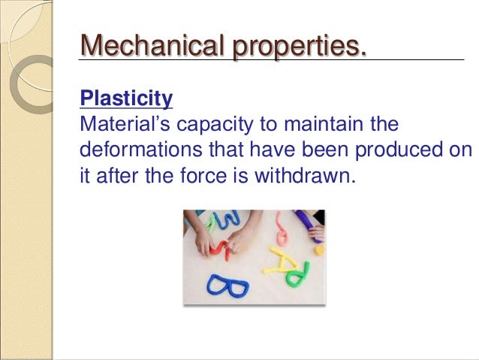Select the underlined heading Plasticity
(126, 98)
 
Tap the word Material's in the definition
(119, 123)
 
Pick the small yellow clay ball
(319, 249)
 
